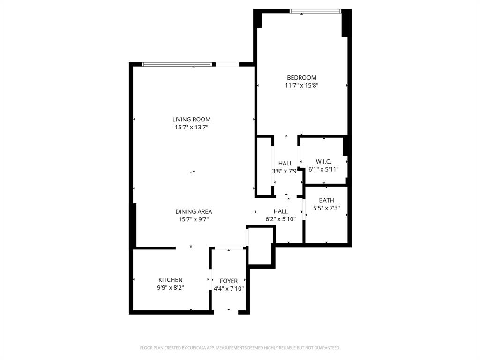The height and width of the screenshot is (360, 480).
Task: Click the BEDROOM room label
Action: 301,78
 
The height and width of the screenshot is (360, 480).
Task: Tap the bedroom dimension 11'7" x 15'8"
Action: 301,86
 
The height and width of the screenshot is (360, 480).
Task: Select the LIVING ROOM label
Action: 191,120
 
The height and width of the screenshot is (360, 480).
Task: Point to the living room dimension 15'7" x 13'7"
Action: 191,127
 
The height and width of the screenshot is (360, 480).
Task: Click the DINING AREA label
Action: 194,212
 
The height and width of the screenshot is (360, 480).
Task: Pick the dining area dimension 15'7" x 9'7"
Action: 194,219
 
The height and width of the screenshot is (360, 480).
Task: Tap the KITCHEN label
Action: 170,280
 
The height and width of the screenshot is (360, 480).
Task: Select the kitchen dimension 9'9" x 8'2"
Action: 170,288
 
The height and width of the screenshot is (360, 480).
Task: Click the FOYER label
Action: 229,281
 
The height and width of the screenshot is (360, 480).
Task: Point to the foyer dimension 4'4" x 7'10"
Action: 229,289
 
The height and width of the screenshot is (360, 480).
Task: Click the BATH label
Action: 326,200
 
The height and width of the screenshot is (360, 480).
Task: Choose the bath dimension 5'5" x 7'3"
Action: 326,208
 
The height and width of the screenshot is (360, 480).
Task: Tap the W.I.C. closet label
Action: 323,161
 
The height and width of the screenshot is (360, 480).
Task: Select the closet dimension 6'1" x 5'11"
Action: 323,169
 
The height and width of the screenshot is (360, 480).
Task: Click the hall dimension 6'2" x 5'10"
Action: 281,219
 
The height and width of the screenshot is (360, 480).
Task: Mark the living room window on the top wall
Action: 179,65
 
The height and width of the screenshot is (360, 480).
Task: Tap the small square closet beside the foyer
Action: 260,246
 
